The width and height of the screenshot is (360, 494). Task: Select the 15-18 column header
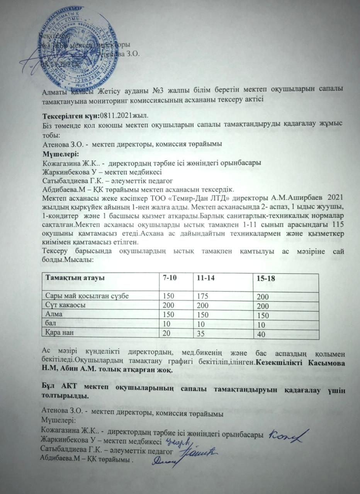point(265,279)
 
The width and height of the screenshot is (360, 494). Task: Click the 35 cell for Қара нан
point(201,333)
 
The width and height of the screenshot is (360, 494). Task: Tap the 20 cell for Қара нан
point(166,332)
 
